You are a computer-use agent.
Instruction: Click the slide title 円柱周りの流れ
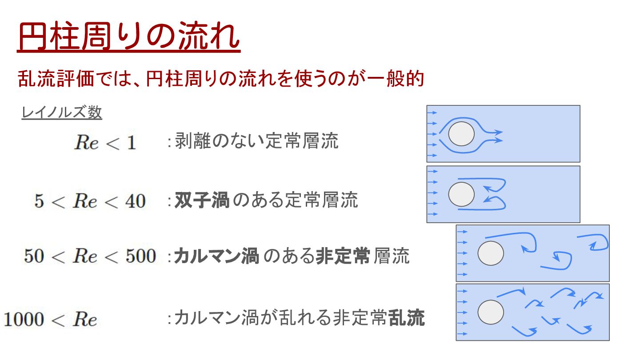click(x=129, y=37)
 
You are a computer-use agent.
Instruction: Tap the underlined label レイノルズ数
click(x=62, y=113)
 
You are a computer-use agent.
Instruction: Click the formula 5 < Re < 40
click(x=90, y=201)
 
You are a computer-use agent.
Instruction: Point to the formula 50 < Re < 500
click(x=90, y=256)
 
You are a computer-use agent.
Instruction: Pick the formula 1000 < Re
click(x=50, y=319)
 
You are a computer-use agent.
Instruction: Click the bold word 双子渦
click(x=202, y=201)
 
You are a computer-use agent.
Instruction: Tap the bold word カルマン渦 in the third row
click(x=216, y=256)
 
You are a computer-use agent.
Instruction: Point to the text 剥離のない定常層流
click(x=256, y=141)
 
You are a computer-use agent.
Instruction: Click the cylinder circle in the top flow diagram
click(x=461, y=134)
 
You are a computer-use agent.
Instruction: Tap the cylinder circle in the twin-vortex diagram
click(x=461, y=194)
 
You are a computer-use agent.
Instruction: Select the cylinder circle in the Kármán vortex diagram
click(x=491, y=253)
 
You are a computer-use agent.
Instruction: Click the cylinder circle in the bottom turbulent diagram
click(x=491, y=312)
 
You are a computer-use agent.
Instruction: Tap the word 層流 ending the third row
click(x=392, y=256)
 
